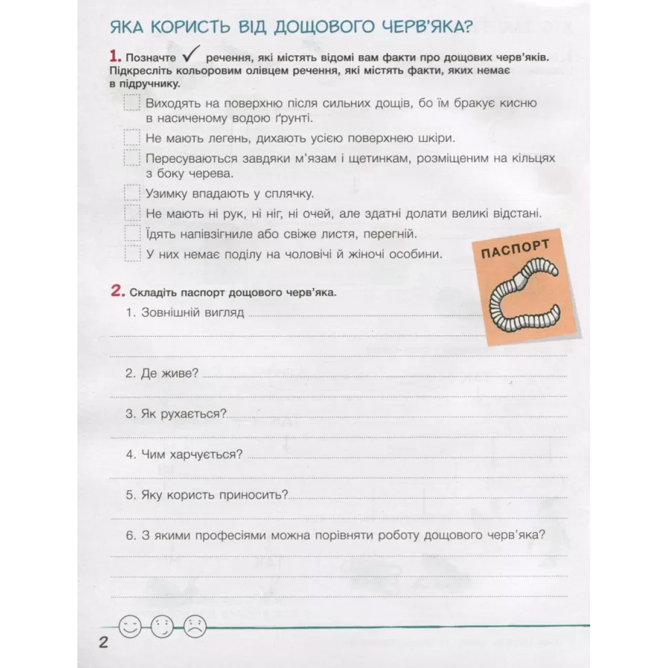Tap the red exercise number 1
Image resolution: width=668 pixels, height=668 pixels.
[x=115, y=56]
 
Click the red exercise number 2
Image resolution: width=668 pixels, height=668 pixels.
[x=116, y=291]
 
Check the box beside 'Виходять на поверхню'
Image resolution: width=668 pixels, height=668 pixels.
[x=132, y=103]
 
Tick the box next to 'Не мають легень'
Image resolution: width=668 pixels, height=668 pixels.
[x=132, y=137]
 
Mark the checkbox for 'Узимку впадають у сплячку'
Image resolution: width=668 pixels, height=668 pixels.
[x=132, y=193]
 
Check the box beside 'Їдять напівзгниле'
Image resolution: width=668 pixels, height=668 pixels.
[x=132, y=233]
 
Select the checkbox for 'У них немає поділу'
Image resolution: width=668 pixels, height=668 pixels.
[x=132, y=254]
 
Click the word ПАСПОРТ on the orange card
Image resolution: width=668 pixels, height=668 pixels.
[x=515, y=250]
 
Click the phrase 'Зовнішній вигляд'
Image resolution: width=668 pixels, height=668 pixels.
[x=193, y=312]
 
